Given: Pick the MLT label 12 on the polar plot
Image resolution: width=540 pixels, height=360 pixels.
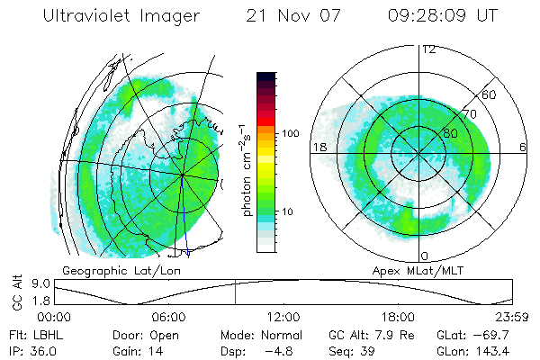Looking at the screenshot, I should tap(428, 49).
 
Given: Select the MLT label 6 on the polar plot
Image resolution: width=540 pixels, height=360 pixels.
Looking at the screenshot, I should tap(523, 146).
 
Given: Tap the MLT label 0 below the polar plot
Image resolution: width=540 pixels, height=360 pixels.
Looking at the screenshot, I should tap(426, 256).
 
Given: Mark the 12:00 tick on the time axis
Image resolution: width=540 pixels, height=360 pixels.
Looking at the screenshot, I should tap(283, 317).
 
